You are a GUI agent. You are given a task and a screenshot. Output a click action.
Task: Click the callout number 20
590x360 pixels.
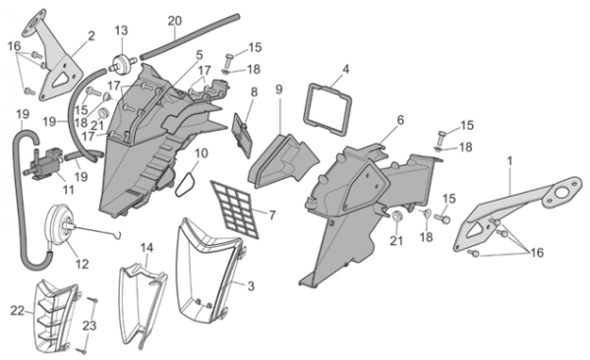pos(174,21)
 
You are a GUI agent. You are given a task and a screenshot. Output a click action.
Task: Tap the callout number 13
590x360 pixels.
pos(121,30)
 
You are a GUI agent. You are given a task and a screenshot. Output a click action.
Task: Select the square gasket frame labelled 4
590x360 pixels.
pos(327,109)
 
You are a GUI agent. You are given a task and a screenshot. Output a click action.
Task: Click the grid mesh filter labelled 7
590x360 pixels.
pos(235,209)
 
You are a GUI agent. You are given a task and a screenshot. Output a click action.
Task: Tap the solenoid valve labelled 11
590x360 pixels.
pos(44,164)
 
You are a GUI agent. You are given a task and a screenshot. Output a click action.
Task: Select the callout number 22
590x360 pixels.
pos(17,311)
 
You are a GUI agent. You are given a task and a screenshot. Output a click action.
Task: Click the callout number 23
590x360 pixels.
pos(89,326)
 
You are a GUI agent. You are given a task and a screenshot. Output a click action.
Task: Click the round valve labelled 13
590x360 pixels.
pos(123,63)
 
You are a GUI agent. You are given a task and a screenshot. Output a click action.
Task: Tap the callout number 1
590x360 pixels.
pos(509,161)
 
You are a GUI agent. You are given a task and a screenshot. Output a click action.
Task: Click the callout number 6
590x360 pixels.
pos(400,120)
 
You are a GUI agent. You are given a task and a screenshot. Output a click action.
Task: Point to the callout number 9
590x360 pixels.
pos(279,90)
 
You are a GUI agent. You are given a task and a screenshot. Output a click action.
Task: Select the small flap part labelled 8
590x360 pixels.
pos(243,134)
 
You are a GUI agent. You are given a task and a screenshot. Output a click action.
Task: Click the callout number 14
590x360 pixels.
pos(147,248)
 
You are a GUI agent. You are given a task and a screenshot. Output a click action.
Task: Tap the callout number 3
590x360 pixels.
pos(251,286)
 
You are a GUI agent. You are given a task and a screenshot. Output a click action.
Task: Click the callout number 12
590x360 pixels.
pos(82,265)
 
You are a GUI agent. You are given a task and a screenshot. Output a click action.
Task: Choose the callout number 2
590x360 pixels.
pos(91,36)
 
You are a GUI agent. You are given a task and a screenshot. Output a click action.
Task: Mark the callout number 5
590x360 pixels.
pos(199,55)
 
